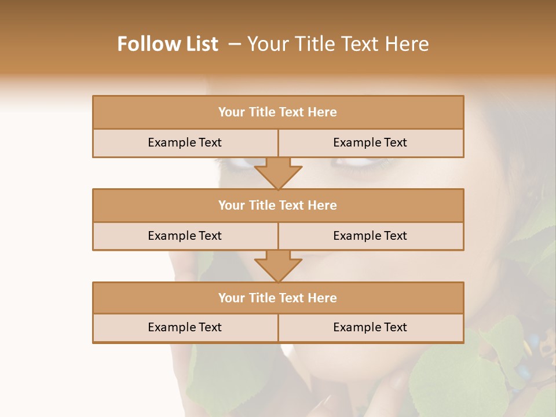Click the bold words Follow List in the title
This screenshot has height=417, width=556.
167,44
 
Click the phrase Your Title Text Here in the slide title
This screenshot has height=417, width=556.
338,44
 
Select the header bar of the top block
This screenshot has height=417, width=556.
278,112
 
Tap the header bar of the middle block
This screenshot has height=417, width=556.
278,205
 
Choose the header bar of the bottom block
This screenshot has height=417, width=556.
278,298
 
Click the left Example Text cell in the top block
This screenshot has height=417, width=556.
185,142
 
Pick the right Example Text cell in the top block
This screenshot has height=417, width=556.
371,142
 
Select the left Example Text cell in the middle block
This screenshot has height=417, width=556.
185,236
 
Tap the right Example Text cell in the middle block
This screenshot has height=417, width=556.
371,236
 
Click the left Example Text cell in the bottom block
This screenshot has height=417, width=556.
185,327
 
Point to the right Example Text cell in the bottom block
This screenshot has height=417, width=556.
371,327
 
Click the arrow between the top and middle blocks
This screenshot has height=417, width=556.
278,173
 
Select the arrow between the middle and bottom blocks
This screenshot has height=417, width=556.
278,266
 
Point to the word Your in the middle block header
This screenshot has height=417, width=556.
231,205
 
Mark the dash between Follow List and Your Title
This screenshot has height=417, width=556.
234,44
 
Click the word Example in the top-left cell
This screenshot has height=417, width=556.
171,142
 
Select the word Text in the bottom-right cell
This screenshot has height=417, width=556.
396,327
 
